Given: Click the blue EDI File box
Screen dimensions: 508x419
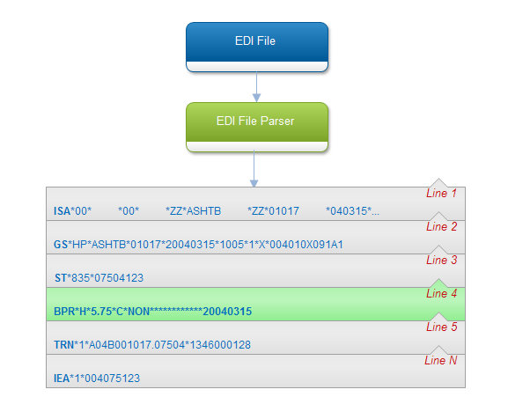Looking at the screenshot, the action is (x=257, y=47).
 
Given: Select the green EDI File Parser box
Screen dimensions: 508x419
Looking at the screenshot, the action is (x=257, y=128).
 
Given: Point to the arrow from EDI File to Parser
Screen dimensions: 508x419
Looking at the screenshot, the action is (x=256, y=87).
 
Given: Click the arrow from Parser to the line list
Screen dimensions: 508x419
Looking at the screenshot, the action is (x=254, y=169).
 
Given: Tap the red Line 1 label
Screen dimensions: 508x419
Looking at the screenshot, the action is (x=441, y=194).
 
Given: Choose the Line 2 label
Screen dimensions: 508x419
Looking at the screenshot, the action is (x=441, y=226).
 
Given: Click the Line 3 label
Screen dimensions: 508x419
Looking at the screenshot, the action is (x=441, y=260).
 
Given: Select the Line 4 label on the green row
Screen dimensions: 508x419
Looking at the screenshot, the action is (x=441, y=294).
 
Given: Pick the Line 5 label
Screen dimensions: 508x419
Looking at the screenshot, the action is (x=441, y=327).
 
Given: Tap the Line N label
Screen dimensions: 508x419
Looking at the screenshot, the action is (x=440, y=360).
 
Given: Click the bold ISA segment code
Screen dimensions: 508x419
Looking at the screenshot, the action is (x=62, y=211).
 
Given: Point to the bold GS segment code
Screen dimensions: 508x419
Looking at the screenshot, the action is (x=61, y=245).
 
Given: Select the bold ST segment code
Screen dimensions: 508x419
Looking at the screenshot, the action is (x=61, y=278).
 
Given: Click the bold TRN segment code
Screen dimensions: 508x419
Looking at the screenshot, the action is (x=63, y=345).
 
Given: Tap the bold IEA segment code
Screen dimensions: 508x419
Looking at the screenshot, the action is (x=62, y=379).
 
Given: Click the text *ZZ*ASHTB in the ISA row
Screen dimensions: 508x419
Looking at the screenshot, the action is (x=193, y=211).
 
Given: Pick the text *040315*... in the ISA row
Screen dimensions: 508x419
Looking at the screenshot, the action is (x=352, y=211).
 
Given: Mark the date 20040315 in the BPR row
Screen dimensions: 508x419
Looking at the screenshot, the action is (x=227, y=312).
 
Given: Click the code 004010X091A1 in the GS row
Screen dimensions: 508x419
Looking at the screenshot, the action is (x=306, y=245).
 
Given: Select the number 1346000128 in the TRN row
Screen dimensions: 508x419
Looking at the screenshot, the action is (x=220, y=345).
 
